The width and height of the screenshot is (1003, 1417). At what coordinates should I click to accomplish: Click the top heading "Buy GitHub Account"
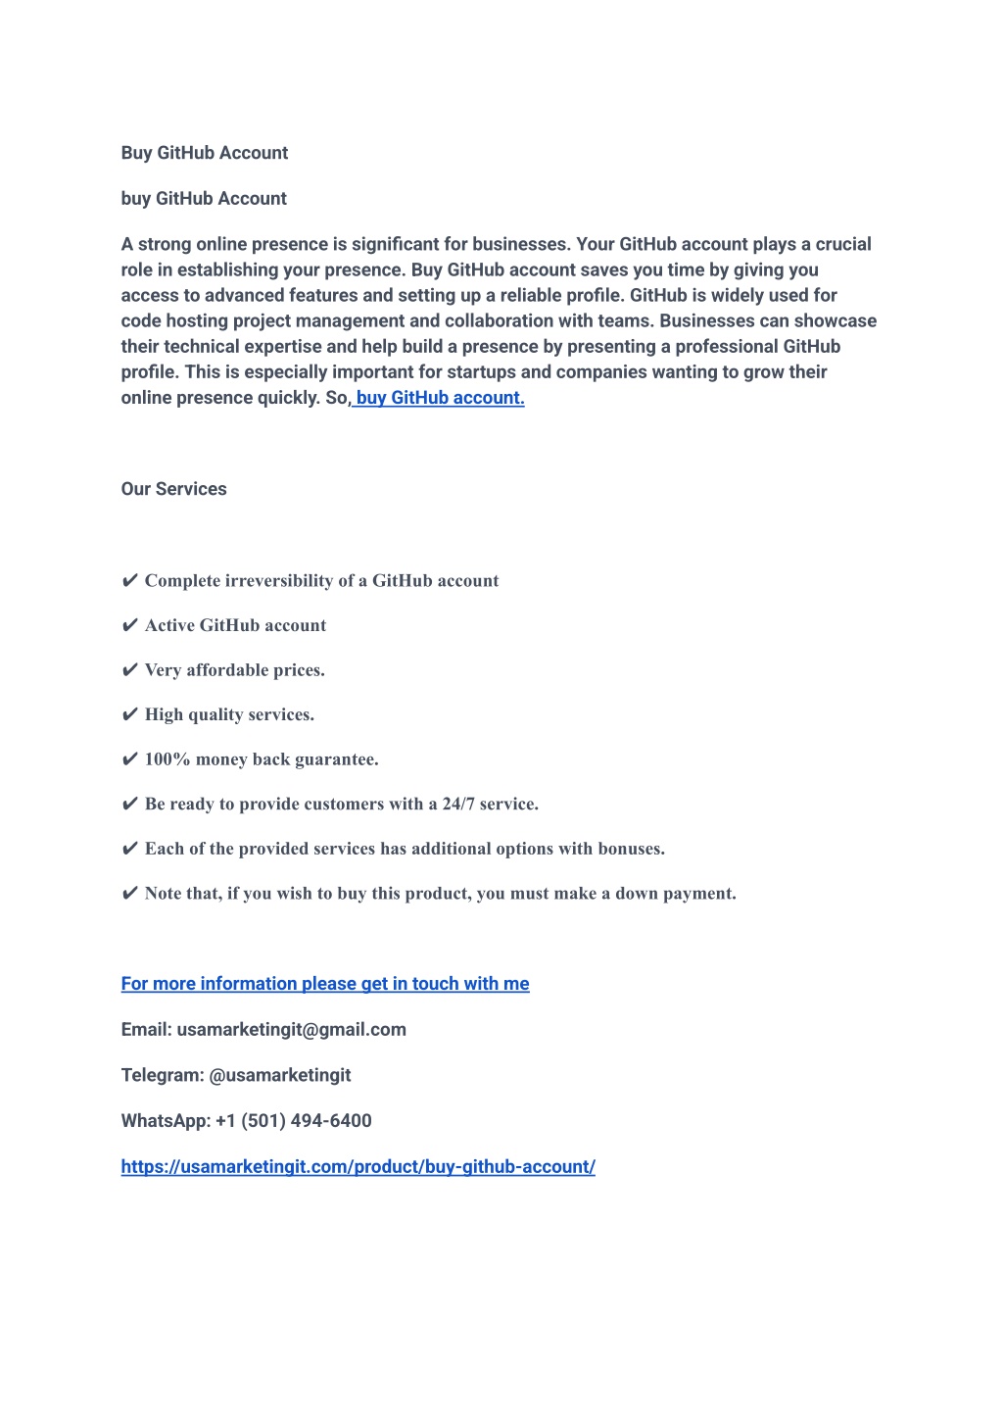(205, 153)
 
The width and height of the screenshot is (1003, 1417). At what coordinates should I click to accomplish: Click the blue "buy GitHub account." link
(440, 398)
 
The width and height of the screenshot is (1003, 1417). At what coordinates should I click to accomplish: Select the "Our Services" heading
(173, 489)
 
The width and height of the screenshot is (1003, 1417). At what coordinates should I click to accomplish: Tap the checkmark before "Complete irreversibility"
(129, 581)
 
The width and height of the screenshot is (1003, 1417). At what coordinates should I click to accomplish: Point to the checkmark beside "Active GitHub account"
(129, 626)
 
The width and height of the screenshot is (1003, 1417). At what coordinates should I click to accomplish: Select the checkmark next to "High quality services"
(129, 715)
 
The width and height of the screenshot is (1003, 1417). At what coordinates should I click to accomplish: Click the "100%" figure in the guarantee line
(167, 759)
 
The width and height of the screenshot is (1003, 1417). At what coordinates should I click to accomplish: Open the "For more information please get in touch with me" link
(325, 984)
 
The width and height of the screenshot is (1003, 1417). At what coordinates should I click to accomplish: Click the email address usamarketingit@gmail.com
(291, 1030)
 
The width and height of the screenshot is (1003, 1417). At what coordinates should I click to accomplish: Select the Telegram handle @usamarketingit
(280, 1075)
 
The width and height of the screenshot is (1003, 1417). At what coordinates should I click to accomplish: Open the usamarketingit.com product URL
(358, 1167)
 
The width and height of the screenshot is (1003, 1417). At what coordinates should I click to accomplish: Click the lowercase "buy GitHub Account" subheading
(204, 199)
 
